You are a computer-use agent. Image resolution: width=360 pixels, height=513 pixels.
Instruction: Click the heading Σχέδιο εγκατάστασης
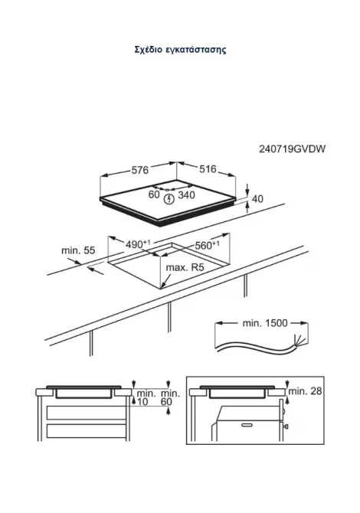[x=180, y=50]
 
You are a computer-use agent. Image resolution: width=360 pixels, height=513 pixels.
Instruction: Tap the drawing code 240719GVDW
[x=293, y=149]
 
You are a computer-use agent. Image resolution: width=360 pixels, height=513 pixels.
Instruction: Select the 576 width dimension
[x=139, y=170]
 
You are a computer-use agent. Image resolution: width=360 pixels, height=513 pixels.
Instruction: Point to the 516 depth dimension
[x=208, y=168]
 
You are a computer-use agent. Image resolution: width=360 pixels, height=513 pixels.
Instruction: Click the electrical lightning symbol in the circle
[x=169, y=199]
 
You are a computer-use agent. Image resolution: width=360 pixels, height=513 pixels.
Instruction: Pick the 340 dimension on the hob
[x=186, y=195]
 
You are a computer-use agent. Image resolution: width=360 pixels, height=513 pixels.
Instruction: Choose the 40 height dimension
[x=258, y=198]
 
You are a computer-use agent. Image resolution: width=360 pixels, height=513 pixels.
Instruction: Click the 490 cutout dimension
[x=137, y=244]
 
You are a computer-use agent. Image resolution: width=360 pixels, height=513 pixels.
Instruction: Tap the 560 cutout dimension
[x=207, y=245]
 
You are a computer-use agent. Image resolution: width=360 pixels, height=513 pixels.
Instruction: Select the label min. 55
[x=78, y=250]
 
